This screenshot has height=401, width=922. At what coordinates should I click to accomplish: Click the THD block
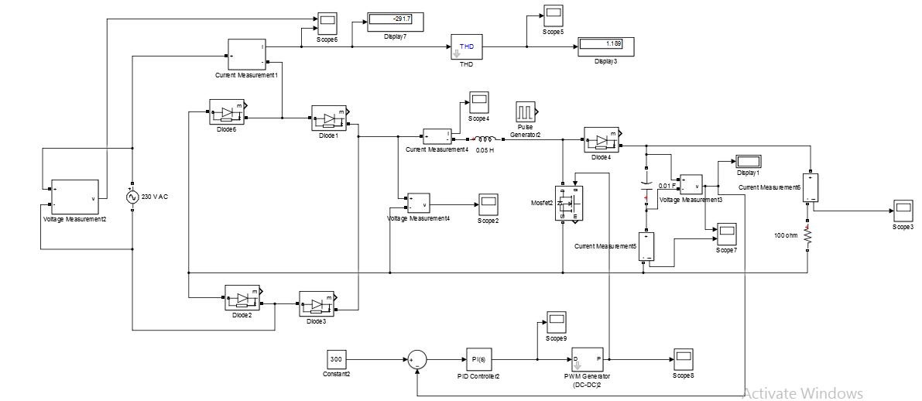point(467,48)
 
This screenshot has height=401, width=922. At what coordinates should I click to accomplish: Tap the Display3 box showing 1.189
point(606,44)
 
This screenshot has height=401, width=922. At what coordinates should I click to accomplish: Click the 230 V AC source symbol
point(132,197)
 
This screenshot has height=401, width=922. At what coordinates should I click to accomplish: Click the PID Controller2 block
point(478,359)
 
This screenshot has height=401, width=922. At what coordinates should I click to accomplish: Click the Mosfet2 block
point(568,204)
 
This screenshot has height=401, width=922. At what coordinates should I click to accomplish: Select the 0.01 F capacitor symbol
point(646,186)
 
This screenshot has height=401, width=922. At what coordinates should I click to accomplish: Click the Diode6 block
point(226,112)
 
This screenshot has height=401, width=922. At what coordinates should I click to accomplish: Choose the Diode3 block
point(316,303)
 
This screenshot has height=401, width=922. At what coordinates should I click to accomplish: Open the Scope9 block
point(557,320)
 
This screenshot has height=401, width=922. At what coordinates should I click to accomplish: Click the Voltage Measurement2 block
point(74,197)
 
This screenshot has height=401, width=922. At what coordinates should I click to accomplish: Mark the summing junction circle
point(416,359)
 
